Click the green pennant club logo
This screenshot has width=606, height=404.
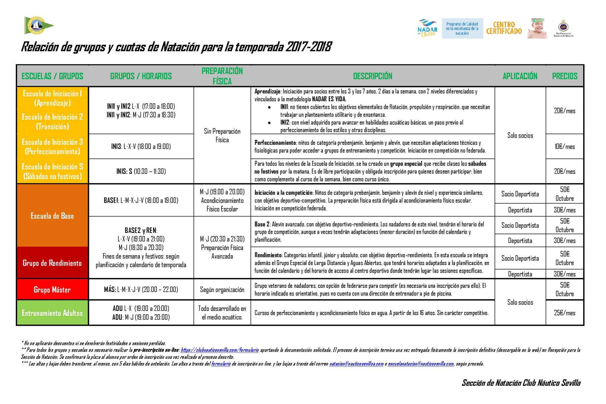(x=38, y=25)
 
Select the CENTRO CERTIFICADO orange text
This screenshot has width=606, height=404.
(x=504, y=28)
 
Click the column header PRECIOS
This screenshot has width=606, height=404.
(x=564, y=76)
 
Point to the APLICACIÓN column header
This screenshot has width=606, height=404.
(x=520, y=76)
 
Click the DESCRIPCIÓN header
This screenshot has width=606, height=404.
(x=372, y=76)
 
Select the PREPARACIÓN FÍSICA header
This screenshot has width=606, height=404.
(x=222, y=76)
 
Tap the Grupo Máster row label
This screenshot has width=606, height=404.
(x=52, y=289)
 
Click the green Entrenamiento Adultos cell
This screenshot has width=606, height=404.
(x=52, y=313)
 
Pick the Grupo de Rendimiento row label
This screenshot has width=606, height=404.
(x=52, y=263)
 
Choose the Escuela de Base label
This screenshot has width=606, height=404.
(x=52, y=216)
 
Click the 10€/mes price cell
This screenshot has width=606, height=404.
(x=564, y=146)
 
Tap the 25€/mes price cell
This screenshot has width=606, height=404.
(x=564, y=313)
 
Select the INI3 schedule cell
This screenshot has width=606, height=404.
(x=141, y=146)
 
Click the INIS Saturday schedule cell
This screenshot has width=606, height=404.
(x=141, y=171)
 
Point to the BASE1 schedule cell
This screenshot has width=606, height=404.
(x=141, y=200)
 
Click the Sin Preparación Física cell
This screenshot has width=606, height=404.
(x=222, y=135)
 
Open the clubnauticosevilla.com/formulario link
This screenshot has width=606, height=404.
(x=220, y=350)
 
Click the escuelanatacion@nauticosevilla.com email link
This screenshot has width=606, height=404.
(x=421, y=364)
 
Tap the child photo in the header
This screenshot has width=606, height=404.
(x=537, y=28)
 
